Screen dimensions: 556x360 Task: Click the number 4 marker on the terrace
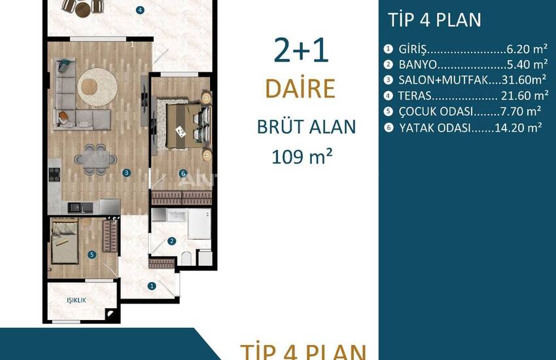pos(140,10)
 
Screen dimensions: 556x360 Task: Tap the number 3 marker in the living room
pos(127,173)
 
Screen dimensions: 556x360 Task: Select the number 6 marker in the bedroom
pos(183,173)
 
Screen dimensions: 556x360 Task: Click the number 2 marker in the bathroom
pos(171,241)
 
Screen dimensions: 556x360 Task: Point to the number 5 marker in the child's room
pos(92,255)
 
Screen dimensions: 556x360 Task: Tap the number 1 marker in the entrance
pos(152,286)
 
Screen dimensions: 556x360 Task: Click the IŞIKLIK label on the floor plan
pos(77,300)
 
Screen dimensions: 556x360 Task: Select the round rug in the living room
pos(97,87)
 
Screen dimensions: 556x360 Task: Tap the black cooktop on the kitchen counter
pos(54,175)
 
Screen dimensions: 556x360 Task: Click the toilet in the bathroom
pos(186,258)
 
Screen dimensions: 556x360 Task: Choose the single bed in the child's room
pos(65,242)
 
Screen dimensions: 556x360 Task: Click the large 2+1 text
pos(301,50)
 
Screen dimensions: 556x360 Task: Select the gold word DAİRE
pos(300,88)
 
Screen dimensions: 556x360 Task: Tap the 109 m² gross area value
pos(302,156)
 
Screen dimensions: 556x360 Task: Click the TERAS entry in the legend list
pos(415,96)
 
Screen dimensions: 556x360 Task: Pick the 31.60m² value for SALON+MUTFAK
pos(524,80)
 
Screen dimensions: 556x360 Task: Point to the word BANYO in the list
pos(417,65)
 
